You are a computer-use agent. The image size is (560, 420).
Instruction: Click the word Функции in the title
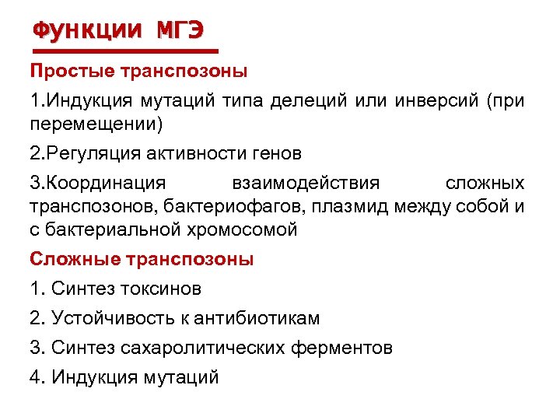88,30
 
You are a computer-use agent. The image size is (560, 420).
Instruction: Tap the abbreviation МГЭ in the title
180,30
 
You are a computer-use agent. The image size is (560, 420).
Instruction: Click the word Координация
104,184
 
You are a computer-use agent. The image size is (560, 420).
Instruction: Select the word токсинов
161,289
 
